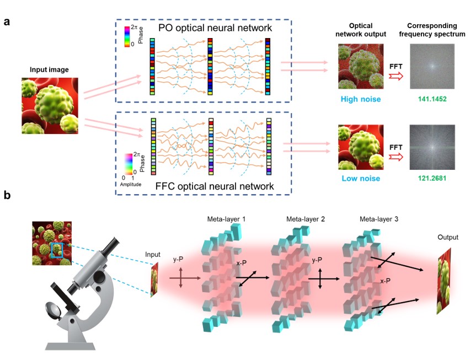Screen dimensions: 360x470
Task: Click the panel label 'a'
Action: (8, 22)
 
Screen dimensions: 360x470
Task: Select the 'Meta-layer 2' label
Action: (305, 219)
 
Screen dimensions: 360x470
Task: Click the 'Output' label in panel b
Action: (447, 237)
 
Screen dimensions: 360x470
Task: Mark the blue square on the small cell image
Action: (57, 249)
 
